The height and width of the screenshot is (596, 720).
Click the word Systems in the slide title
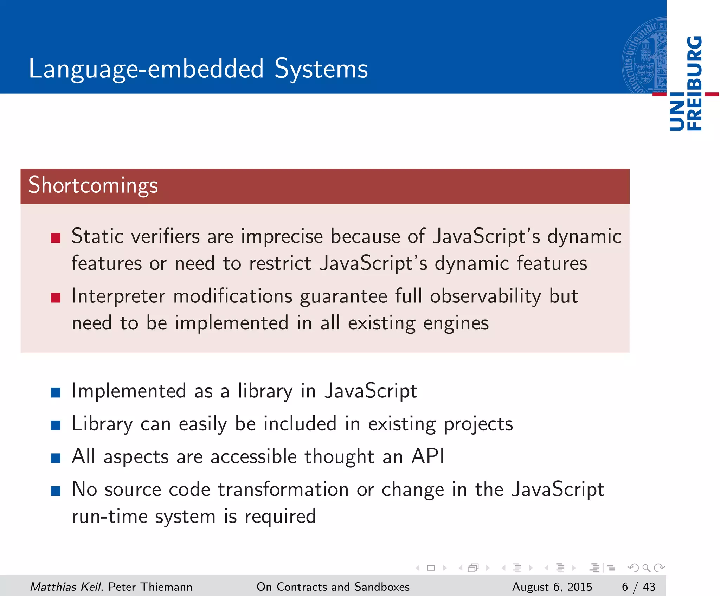click(x=321, y=69)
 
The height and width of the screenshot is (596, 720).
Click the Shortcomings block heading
click(x=93, y=185)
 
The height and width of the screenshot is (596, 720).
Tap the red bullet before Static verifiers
click(x=56, y=238)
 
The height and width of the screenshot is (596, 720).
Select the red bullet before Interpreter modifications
click(x=56, y=298)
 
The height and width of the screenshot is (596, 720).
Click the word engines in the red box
click(x=456, y=323)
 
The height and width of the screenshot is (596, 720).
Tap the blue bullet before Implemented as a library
click(x=56, y=392)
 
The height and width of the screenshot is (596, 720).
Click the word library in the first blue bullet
click(x=265, y=391)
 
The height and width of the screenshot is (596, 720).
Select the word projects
click(x=478, y=424)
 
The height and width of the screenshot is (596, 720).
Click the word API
click(x=428, y=456)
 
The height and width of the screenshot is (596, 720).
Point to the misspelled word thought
click(x=339, y=457)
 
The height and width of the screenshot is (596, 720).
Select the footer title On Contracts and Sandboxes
click(x=333, y=587)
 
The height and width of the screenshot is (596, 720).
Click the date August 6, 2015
click(x=552, y=587)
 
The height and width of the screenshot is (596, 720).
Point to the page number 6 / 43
click(x=638, y=587)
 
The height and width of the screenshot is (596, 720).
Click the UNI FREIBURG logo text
click(x=686, y=83)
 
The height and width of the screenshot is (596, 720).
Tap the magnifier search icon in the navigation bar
click(x=646, y=568)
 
